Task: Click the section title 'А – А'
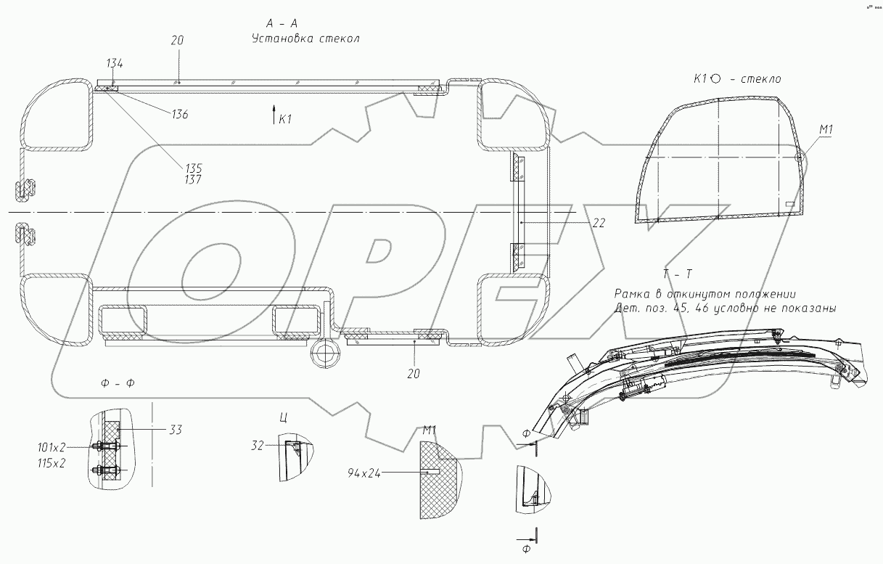click(282, 23)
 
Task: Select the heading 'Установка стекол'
click(305, 38)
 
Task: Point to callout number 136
click(179, 114)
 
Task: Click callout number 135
click(193, 168)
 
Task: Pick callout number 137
click(193, 179)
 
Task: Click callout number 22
click(598, 224)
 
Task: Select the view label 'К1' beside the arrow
click(285, 118)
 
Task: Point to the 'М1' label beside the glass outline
click(826, 131)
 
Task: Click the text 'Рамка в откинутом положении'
click(705, 295)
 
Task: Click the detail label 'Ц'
click(282, 418)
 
